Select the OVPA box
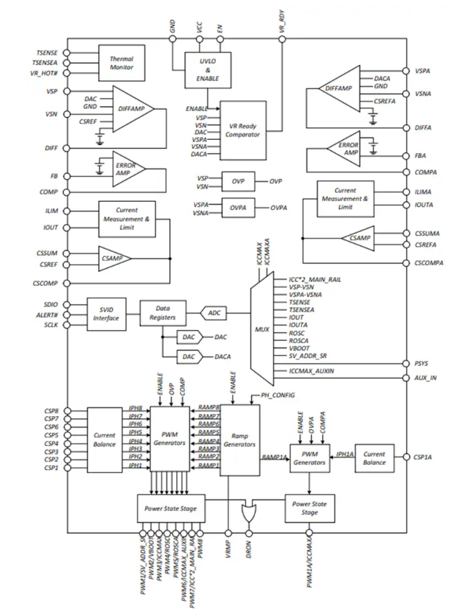(x=236, y=208)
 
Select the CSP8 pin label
(x=51, y=409)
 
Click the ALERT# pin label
(x=49, y=313)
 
